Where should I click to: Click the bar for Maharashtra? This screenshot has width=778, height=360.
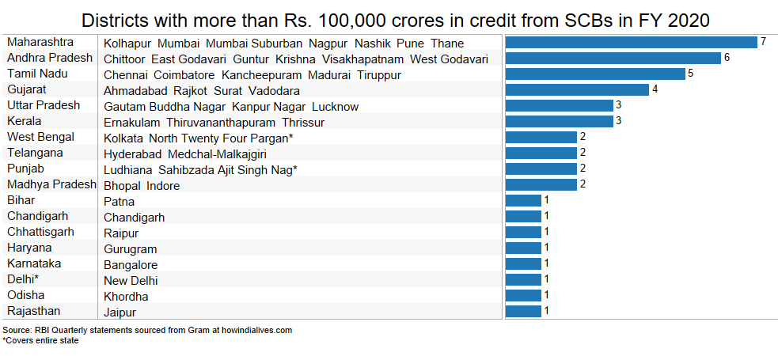tap(631, 42)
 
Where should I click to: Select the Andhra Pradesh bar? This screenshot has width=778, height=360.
tap(613, 58)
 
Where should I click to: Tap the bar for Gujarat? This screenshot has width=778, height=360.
tap(576, 89)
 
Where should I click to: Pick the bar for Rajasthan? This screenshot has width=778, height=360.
tap(522, 311)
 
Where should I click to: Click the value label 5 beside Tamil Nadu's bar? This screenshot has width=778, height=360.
tap(691, 74)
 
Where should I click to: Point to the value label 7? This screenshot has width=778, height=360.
tap(763, 42)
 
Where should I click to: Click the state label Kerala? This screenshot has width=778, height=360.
tap(24, 121)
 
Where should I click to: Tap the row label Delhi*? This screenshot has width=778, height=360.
tap(23, 279)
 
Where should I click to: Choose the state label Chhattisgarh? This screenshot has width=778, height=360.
tap(40, 232)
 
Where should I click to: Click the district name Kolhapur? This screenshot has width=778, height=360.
tap(127, 44)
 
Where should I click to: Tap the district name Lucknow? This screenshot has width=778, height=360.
tap(335, 107)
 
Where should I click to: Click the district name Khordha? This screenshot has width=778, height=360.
tap(126, 297)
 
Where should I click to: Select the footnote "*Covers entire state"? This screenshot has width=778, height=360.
tap(40, 340)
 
